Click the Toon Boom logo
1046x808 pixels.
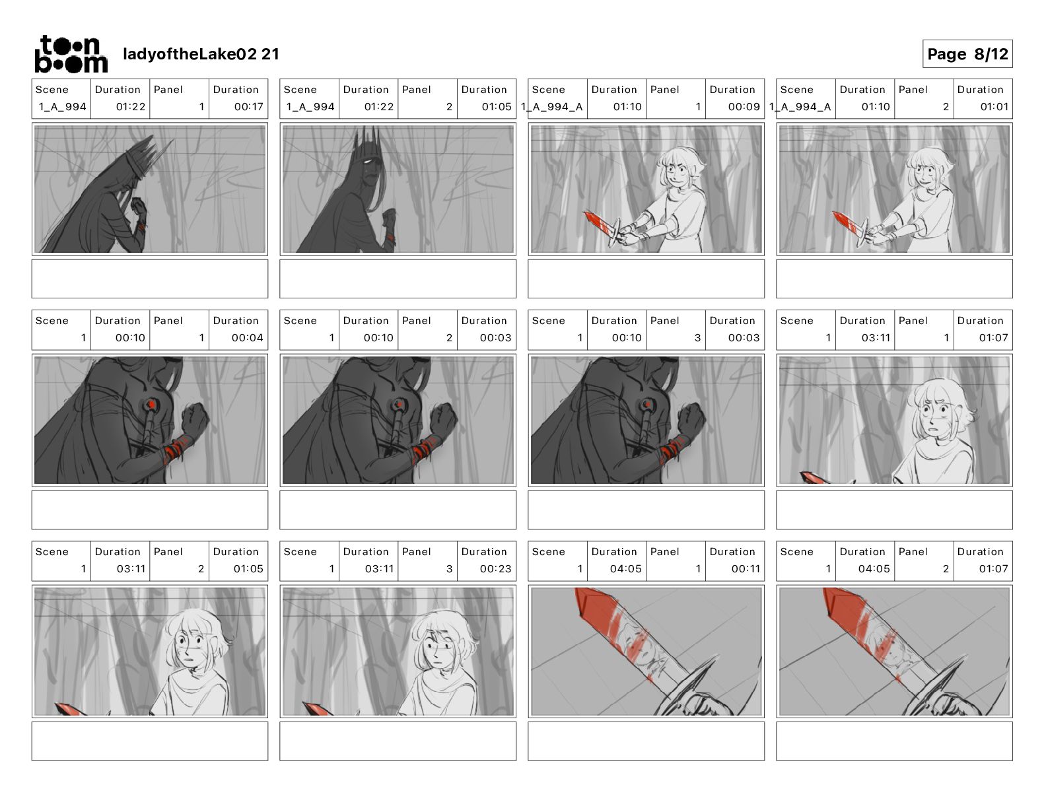click(71, 54)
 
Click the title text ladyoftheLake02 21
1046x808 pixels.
click(201, 54)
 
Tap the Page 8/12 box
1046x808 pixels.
click(967, 54)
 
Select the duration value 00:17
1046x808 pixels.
click(248, 107)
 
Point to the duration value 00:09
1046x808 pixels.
click(744, 107)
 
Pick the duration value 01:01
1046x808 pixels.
click(994, 107)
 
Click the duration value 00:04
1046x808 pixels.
click(247, 338)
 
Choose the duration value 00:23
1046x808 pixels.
click(495, 569)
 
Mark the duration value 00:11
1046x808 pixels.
click(746, 569)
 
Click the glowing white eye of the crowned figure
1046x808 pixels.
click(368, 160)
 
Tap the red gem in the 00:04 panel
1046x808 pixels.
click(151, 405)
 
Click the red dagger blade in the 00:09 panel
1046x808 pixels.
click(600, 222)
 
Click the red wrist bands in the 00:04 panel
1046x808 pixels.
click(175, 448)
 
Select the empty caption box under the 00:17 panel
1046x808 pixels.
click(150, 279)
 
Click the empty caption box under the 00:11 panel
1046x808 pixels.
click(646, 741)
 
